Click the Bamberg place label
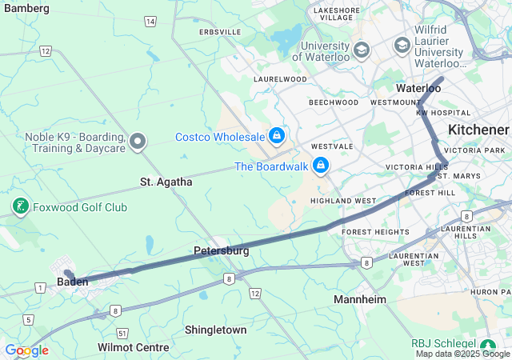coord(26,8)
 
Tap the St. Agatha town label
coord(166,182)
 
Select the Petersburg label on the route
coord(221,250)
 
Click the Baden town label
coord(72,282)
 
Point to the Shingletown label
coord(215,330)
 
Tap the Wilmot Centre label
coord(133,347)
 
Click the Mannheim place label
coord(359,299)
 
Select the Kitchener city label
coord(478,130)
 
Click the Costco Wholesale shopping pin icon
coord(277,136)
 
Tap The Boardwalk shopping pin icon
coord(321,166)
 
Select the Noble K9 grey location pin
coord(138,142)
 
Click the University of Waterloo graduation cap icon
coord(362,50)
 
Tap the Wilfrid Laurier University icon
coord(402,46)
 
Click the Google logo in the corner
coord(26,350)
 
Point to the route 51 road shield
coord(122,332)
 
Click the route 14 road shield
coord(150,21)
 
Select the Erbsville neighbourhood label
coord(220,31)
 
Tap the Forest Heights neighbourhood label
coord(375,232)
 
